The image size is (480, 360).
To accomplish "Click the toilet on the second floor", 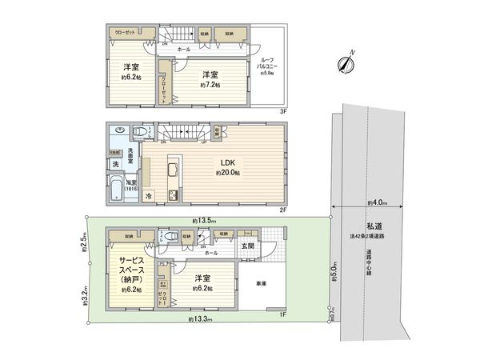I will click(x=141, y=133).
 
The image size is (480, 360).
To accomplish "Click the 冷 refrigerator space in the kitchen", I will click(x=149, y=194).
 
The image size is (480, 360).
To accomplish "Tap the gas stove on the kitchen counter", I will click(x=172, y=194).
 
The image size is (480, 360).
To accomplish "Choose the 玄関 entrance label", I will click(x=249, y=246).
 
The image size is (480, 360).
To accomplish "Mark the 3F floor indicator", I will click(x=282, y=111).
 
